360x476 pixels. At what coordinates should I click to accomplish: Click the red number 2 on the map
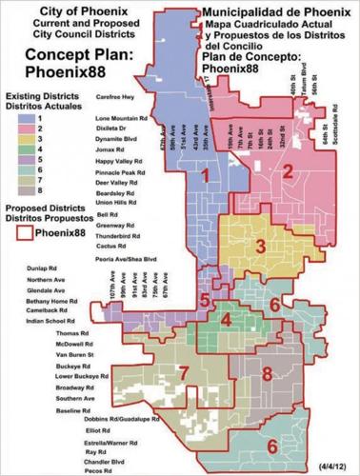click(x=287, y=171)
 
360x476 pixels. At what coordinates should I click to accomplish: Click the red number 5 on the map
click(x=204, y=301)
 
